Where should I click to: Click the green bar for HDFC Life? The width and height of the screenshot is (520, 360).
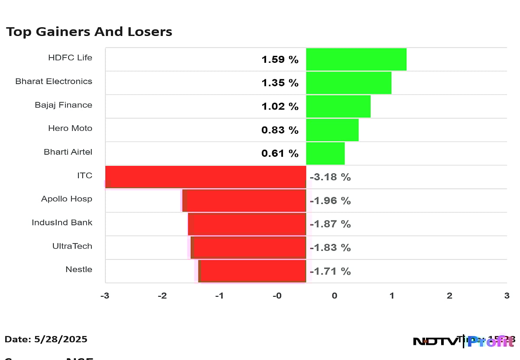coord(356,59)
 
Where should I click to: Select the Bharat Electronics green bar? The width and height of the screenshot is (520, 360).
coord(348,83)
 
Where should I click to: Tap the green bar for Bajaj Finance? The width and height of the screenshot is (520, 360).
coord(338,106)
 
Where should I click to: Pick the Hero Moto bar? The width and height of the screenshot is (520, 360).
coord(332,130)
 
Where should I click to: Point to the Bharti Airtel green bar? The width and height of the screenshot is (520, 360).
coord(325,153)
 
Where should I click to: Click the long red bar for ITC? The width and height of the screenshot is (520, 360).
coord(206,177)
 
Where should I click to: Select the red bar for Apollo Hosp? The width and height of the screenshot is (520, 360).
coord(244,201)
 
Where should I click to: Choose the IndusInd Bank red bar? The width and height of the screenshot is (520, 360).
coord(247,224)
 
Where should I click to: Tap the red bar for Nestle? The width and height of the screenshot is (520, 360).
coord(252,271)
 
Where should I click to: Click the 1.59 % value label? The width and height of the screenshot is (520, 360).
coord(280,60)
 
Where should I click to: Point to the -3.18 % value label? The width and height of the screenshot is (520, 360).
coord(330,177)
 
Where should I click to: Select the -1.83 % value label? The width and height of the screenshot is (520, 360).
coord(330,248)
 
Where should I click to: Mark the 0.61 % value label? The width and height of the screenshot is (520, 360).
coord(280,153)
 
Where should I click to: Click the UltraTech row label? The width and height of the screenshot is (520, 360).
coord(72,246)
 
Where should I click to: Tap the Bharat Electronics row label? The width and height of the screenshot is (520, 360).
coord(54,81)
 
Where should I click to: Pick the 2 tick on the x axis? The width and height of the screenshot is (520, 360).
coord(449,296)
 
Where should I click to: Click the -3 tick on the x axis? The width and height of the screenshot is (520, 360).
coord(105,296)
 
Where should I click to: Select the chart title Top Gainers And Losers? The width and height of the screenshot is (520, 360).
coord(89,32)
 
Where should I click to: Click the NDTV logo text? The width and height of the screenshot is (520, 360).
coord(435,341)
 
